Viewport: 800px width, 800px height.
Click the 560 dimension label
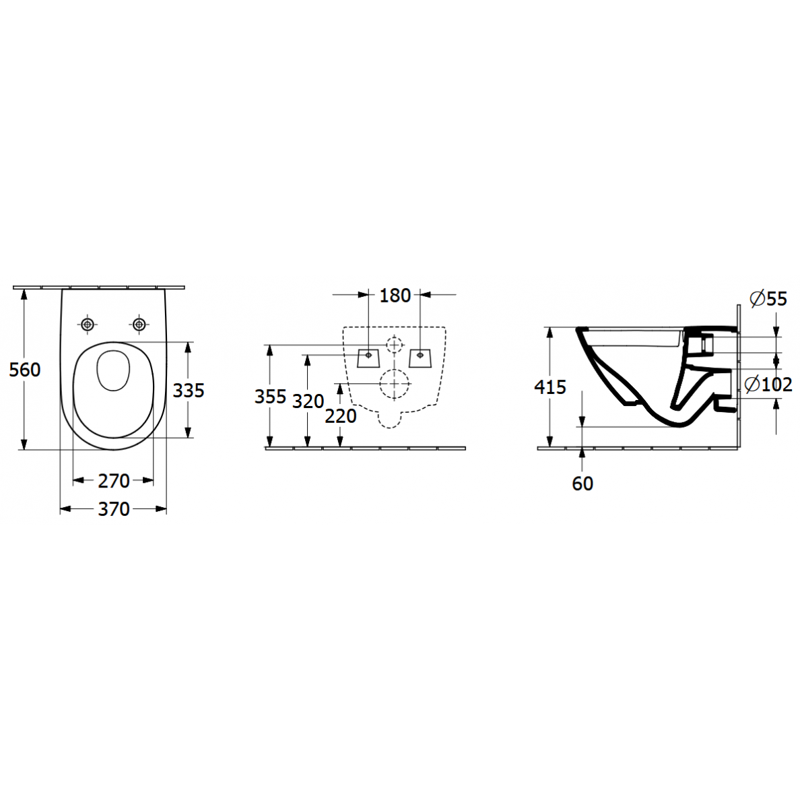tap(24, 370)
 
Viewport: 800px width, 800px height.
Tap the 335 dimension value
tap(189, 391)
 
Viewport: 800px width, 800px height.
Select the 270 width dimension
tap(114, 481)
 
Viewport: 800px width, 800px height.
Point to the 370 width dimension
tap(114, 509)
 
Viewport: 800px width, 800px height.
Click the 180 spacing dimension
tap(395, 296)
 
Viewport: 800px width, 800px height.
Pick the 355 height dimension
tap(271, 397)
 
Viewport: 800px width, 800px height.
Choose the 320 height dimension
tap(308, 401)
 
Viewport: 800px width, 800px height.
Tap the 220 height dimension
tap(340, 416)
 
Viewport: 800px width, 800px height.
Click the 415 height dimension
tap(550, 387)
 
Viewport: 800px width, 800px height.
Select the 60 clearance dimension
tap(582, 484)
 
